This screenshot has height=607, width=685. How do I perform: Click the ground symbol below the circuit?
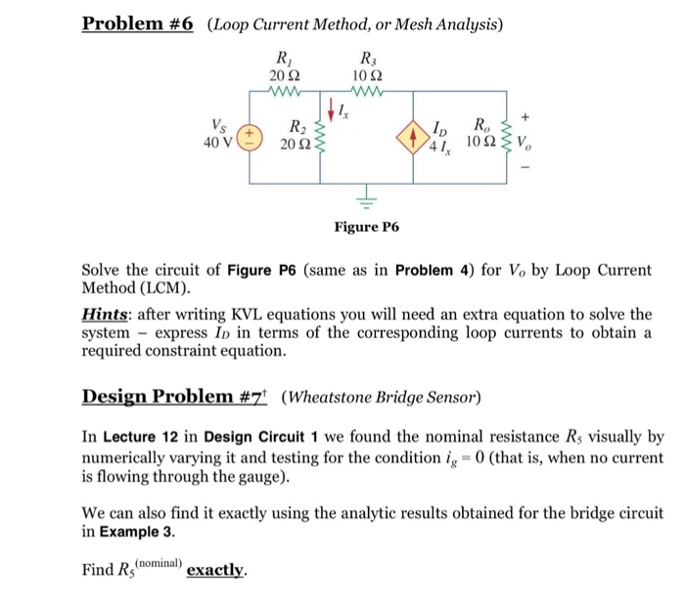coord(369,202)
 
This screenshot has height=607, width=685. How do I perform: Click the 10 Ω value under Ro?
coord(479,143)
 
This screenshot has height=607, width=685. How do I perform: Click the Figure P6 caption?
coord(367,227)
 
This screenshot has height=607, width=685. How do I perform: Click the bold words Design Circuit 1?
coord(252,437)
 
